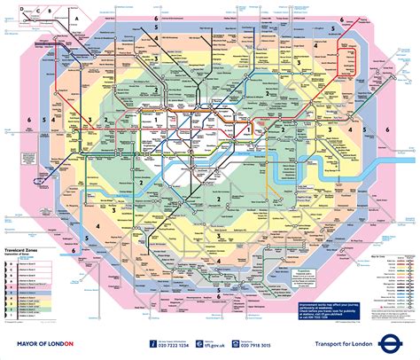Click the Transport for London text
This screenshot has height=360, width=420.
(354, 344)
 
